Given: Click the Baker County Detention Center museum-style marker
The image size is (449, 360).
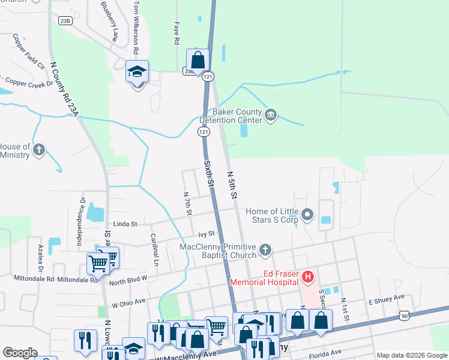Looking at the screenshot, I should [270, 115].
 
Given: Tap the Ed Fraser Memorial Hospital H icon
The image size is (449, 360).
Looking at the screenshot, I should [308, 277].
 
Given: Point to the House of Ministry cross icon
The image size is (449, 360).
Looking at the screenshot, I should [39, 149].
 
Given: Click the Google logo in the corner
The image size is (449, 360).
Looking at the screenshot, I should [20, 353].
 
